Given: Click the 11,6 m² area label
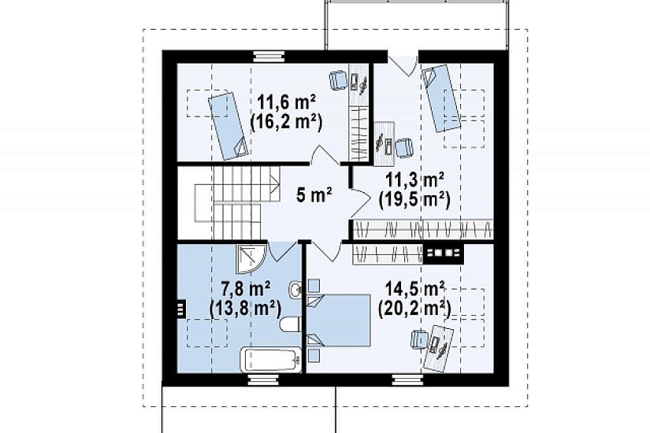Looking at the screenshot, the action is (287, 102).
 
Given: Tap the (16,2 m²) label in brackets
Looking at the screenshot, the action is (286, 123).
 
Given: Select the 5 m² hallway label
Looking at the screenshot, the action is (314, 194).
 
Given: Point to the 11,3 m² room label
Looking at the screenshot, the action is (415, 179).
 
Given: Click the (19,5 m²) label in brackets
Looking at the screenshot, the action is (414, 200).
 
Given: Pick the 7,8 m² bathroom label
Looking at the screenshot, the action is (246, 288).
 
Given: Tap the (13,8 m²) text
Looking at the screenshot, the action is (245, 309).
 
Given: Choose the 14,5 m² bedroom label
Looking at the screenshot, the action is (415, 288).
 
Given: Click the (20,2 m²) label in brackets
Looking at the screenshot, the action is (414, 309).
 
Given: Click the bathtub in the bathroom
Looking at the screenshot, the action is (271, 360).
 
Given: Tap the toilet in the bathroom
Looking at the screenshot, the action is (290, 325).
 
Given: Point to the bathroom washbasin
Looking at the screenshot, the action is (295, 288).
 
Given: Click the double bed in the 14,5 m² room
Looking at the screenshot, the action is (338, 320).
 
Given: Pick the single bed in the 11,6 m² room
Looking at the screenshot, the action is (228, 126).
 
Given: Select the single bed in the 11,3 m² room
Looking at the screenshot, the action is (441, 98).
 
